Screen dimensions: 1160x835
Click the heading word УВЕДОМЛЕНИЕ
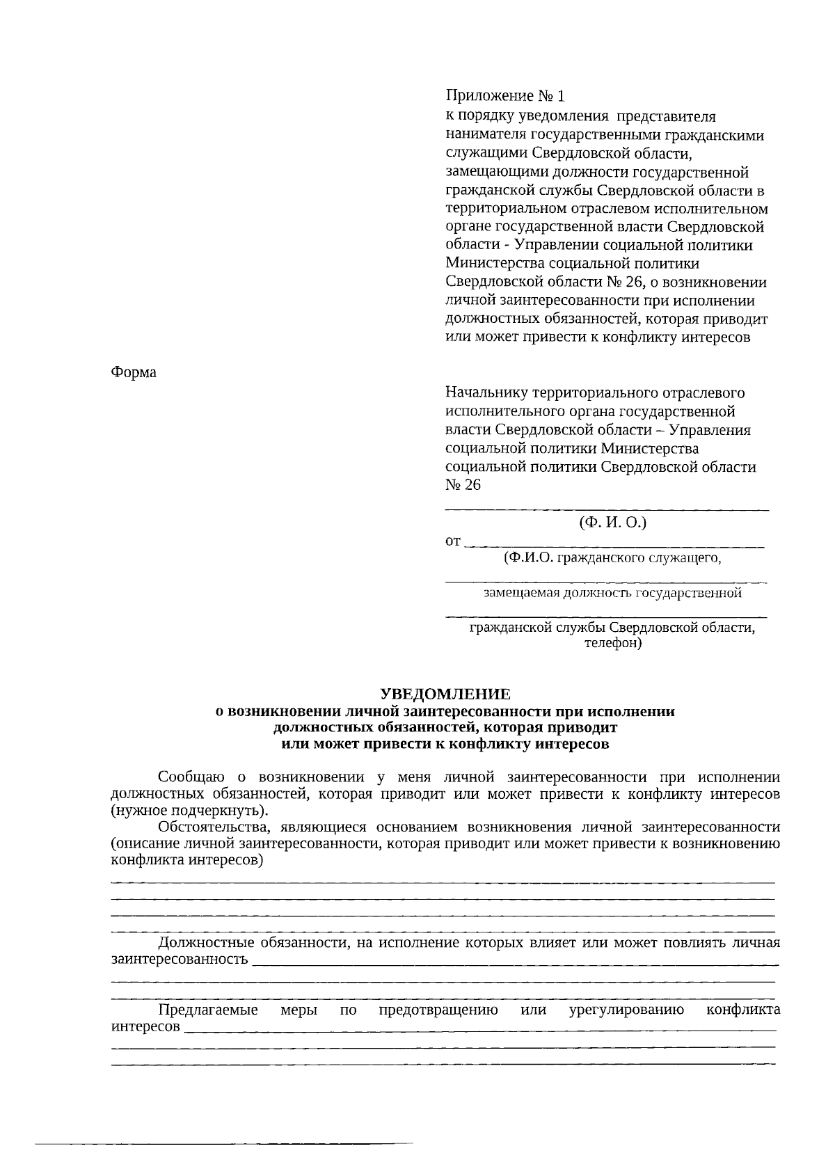445,694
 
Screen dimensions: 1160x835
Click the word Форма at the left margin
134,372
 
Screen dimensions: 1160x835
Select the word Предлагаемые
208,1010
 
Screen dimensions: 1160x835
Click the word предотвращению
438,1010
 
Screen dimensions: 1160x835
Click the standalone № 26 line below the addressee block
463,485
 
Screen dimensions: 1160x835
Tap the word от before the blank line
452,541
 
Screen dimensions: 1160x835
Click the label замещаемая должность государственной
612,594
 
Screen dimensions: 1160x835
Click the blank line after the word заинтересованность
515,964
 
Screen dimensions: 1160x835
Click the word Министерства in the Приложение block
495,264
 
